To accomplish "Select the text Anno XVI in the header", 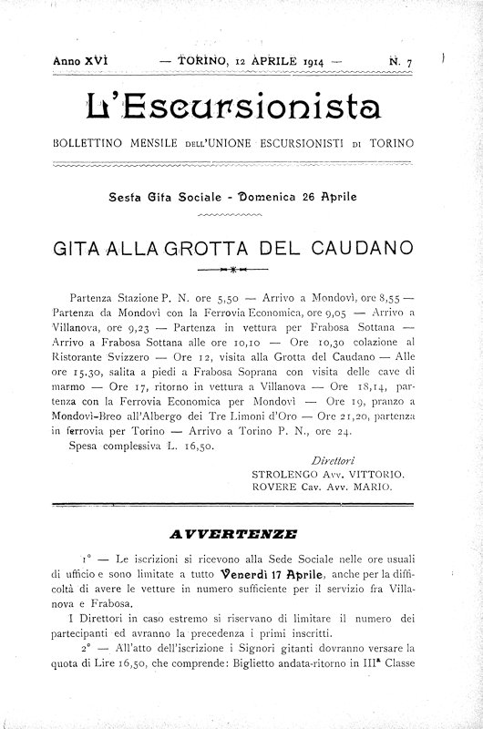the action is point(80,62).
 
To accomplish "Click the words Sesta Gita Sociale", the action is point(168,195).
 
